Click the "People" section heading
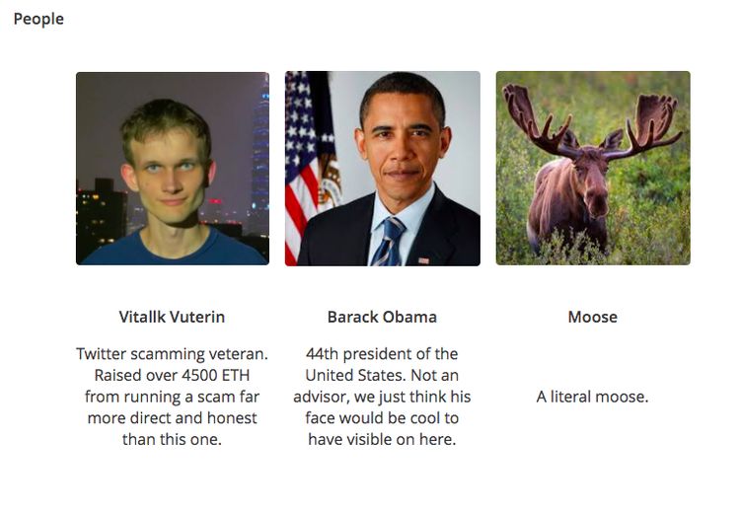(38, 19)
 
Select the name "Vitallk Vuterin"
(172, 317)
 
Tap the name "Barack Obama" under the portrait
(382, 317)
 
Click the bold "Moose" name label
(592, 317)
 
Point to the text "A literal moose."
(592, 397)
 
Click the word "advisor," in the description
(323, 397)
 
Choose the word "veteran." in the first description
(238, 353)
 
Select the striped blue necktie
(388, 242)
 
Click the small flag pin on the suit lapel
(423, 260)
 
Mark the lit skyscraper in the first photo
(259, 148)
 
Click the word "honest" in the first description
(234, 418)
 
